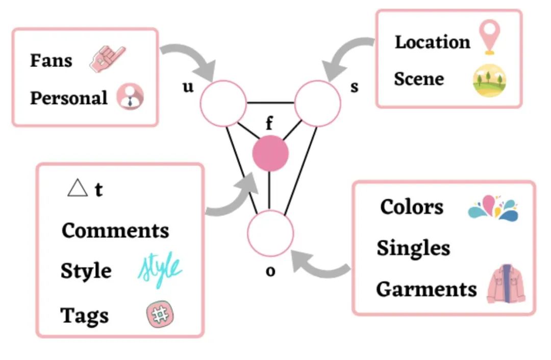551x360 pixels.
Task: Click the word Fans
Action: coord(51,60)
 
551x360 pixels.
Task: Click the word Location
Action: coord(432,42)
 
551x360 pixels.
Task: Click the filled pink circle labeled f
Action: coord(270,153)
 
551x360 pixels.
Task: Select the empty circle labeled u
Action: coord(223,102)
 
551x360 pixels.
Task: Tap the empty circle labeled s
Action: coord(317,102)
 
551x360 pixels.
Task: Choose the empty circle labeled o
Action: coord(270,233)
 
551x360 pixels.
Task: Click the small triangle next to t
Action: coord(78,188)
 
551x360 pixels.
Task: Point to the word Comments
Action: coord(115,230)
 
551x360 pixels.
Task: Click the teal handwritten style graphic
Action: coord(160,271)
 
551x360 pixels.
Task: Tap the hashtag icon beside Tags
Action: coord(160,315)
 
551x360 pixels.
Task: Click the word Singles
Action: coord(413,248)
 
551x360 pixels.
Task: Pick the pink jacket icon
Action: coord(506,284)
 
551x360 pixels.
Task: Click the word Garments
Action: coord(426,289)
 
